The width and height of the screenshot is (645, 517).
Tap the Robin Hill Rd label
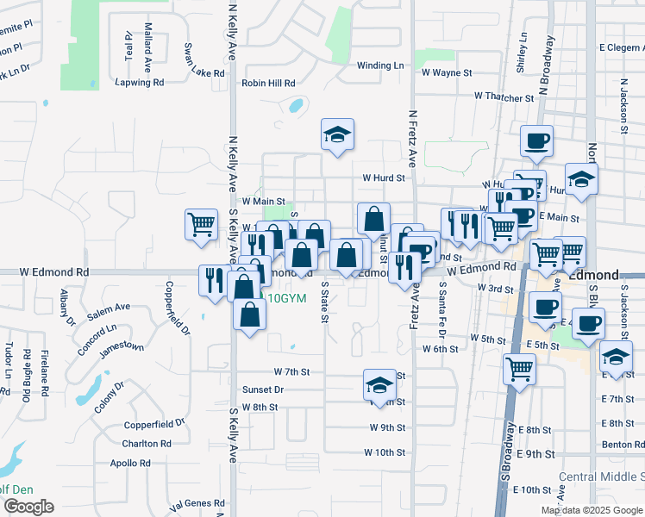268,84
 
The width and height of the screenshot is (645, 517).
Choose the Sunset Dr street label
262,389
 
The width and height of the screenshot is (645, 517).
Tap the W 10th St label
385,452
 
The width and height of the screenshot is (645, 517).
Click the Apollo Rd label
131,463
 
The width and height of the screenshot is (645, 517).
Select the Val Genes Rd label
197,503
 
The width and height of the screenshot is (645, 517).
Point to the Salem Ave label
109,307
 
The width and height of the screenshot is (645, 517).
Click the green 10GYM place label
288,298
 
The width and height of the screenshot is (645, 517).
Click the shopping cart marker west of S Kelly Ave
201,224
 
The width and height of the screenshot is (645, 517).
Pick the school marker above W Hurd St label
338,134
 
